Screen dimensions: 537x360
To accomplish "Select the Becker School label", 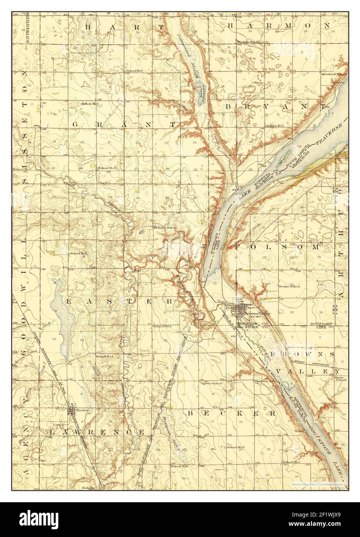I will pyautogui.click(x=290, y=287).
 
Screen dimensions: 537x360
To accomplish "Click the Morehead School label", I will pyautogui.click(x=335, y=73).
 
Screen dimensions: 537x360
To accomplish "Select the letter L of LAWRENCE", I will pyautogui.click(x=53, y=432).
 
